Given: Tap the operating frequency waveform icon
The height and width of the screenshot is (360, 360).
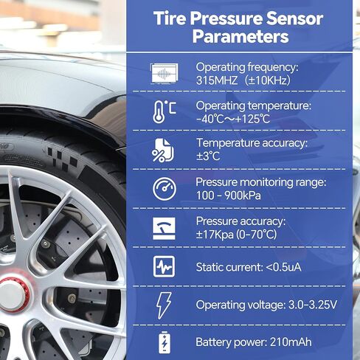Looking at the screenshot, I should click(x=164, y=72).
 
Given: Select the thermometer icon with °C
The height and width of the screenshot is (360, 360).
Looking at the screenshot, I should click(x=164, y=111).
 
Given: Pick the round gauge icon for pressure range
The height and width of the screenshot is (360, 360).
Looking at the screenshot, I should click(x=164, y=189).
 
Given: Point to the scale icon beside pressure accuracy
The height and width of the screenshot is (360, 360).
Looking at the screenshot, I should click(x=164, y=227).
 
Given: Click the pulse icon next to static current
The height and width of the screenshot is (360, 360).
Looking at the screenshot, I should click(x=164, y=266).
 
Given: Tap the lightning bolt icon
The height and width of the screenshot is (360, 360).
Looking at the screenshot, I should click(x=164, y=305).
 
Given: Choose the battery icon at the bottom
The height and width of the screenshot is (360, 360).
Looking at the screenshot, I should click(x=164, y=342).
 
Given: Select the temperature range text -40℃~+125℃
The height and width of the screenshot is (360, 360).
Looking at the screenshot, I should click(x=233, y=118).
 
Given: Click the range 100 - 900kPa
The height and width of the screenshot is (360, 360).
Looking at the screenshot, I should click(x=229, y=195).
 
